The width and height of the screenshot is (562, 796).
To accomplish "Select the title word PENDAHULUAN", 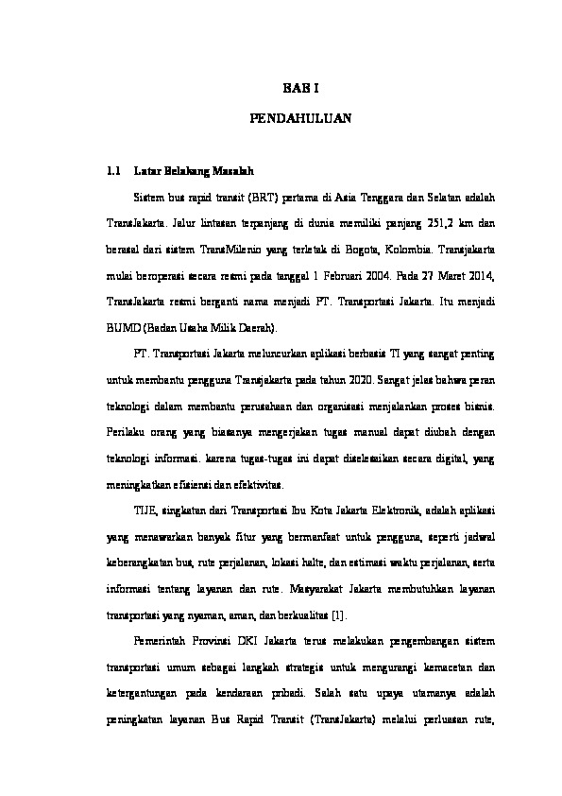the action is click(300, 120).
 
